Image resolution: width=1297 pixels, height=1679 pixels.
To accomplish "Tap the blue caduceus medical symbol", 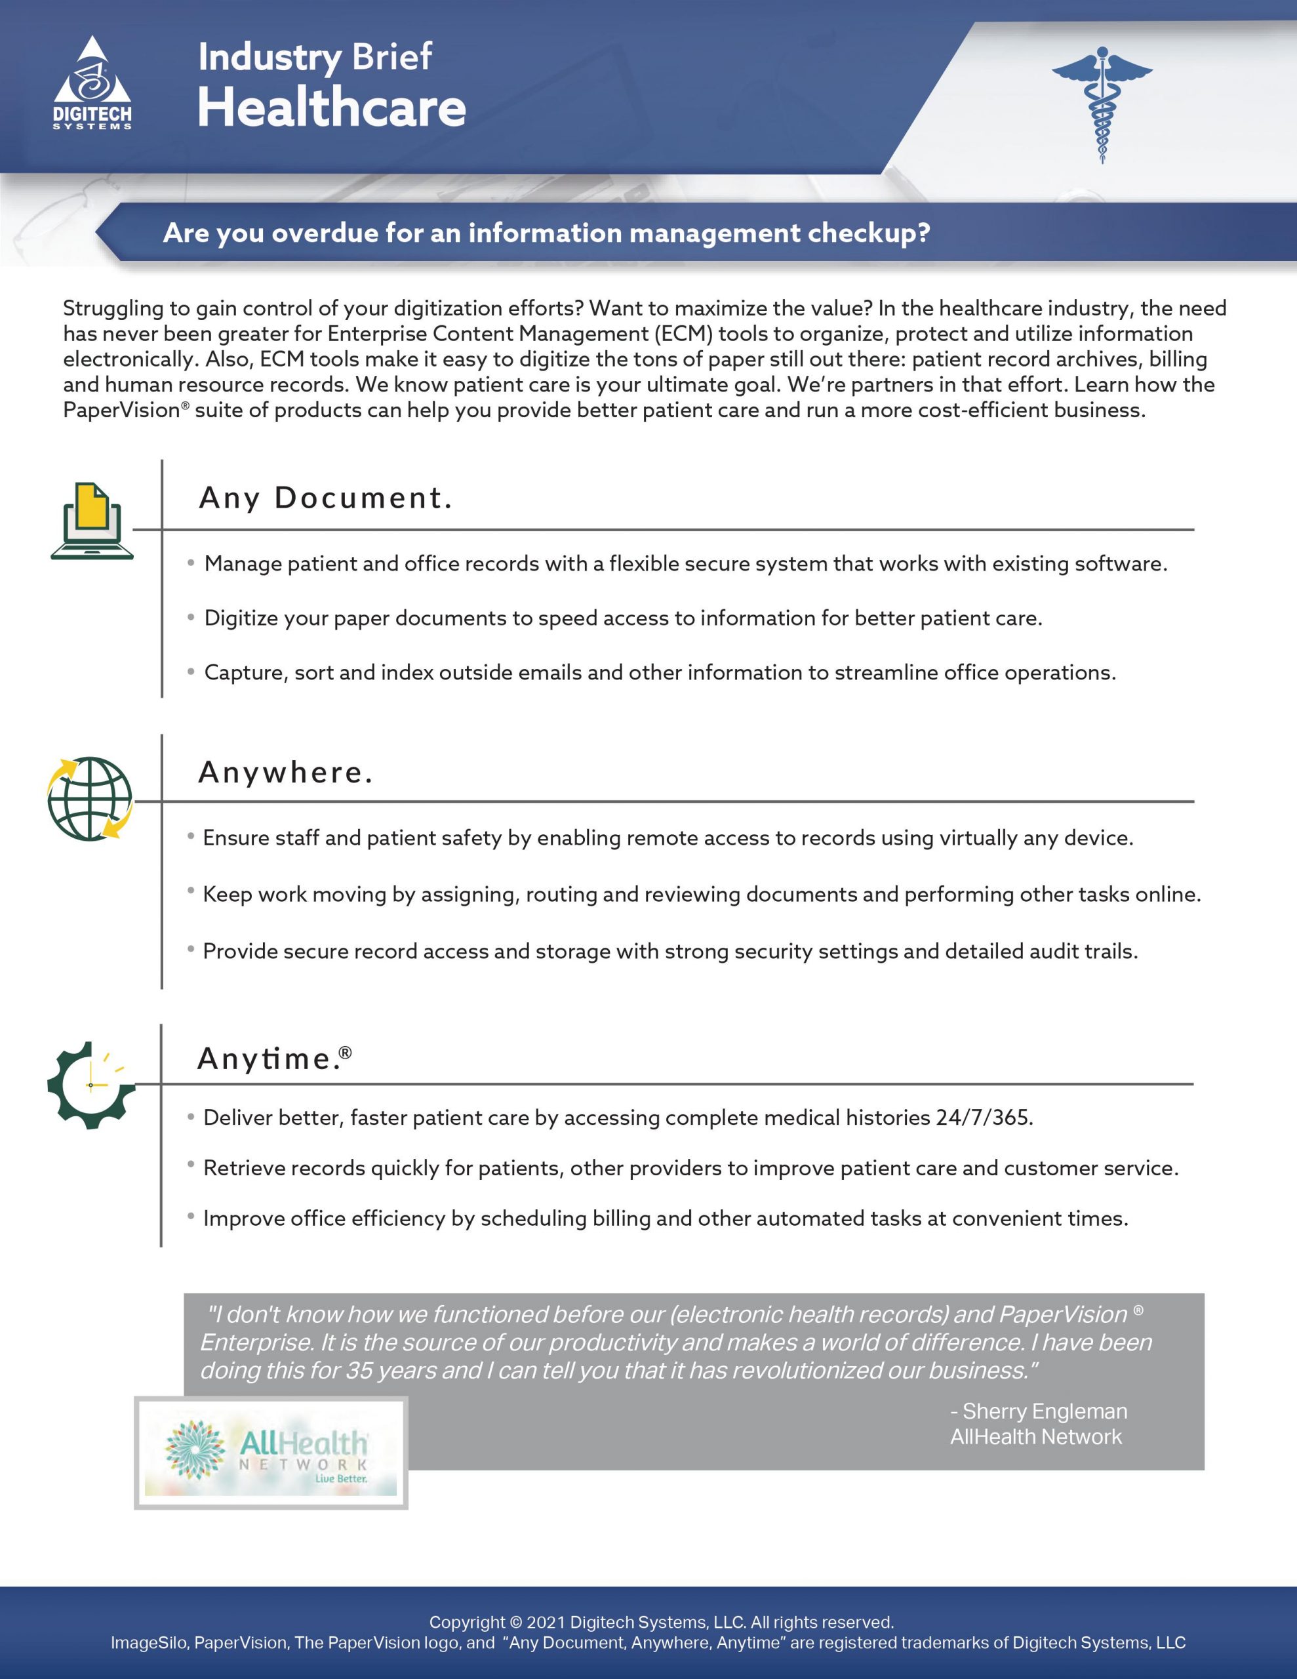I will [x=1102, y=103].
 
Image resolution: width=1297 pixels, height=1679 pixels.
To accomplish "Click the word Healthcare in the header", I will [x=331, y=108].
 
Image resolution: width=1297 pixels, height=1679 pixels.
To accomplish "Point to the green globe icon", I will [x=90, y=799].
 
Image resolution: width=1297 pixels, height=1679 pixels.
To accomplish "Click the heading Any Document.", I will [x=325, y=498].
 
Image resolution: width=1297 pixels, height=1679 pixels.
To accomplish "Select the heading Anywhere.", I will [x=285, y=773].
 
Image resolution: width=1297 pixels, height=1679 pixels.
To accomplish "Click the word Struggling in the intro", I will [x=113, y=308].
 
